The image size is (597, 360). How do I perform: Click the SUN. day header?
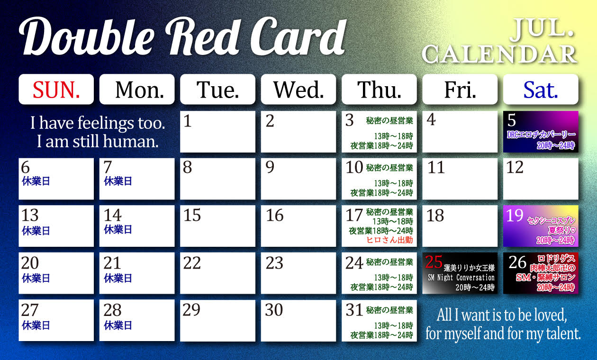(56, 90)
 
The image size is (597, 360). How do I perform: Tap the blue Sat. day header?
(541, 90)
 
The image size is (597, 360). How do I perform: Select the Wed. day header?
(298, 90)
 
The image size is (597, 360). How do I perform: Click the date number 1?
(187, 121)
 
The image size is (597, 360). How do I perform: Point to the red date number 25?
(434, 262)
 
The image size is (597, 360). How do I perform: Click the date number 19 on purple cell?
(515, 216)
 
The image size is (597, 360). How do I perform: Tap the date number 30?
(274, 310)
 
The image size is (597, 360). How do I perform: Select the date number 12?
(515, 167)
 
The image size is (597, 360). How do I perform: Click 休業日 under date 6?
(36, 181)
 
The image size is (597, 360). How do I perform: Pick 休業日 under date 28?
(118, 325)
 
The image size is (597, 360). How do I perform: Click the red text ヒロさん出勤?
(389, 240)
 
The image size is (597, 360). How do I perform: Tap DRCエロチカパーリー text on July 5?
(541, 135)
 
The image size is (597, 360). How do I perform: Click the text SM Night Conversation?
(461, 278)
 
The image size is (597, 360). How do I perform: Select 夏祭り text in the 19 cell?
(561, 230)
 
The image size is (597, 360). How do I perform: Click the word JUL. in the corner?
(543, 29)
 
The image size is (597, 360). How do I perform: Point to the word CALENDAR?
(499, 54)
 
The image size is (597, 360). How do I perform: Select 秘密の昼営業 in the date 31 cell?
(389, 310)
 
